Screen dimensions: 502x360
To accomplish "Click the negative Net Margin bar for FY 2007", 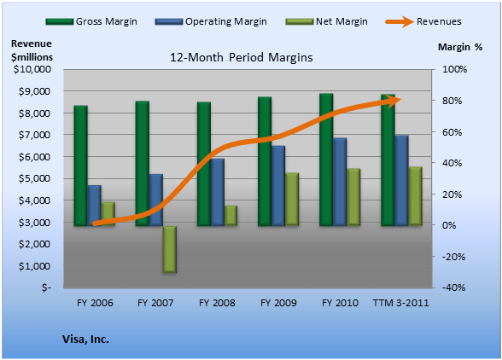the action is point(169,250).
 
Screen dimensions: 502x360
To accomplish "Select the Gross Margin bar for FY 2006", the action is point(80,165).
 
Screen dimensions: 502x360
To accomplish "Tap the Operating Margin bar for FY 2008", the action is point(218,192).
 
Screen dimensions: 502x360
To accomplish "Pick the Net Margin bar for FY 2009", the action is point(292,200).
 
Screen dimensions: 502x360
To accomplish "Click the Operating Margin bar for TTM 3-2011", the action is point(401,181).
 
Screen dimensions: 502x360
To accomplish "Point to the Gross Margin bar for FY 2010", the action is point(326,160).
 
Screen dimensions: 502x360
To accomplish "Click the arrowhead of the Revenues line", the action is point(394,101).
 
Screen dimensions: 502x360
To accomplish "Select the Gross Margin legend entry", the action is point(91,21).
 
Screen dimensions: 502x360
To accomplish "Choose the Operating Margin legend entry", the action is point(211,21).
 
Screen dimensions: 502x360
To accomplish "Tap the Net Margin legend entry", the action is point(326,21).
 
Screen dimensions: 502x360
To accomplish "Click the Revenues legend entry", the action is point(423,21).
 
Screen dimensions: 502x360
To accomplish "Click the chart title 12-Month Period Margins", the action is point(241,58).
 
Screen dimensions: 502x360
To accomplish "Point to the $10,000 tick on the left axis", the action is point(32,69).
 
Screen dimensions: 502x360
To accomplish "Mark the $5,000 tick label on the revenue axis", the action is point(34,178).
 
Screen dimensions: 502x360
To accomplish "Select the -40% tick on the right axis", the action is point(453,287).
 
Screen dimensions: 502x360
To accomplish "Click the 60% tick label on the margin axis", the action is point(452,132).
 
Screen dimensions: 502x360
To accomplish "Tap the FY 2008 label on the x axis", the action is point(217,303).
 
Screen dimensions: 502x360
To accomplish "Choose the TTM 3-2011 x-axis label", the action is point(401,303).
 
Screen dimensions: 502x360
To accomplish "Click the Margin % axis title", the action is point(460,47).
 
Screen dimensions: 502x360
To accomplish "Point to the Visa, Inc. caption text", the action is point(85,340).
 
